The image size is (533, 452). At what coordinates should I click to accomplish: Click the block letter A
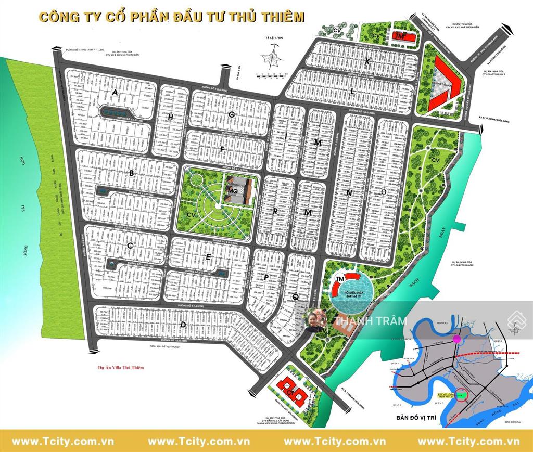click(115, 92)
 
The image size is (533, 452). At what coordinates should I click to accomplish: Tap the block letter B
click(132, 173)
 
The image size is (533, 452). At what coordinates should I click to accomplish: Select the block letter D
click(183, 325)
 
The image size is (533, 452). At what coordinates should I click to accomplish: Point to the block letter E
click(208, 257)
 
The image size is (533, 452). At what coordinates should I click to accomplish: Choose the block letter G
click(232, 114)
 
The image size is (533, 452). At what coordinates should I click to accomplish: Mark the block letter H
click(171, 118)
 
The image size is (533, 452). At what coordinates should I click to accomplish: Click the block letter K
click(367, 62)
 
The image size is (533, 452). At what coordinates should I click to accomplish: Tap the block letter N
click(349, 193)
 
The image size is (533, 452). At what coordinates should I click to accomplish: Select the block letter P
click(266, 277)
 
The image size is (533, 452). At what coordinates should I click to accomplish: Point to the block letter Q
click(295, 297)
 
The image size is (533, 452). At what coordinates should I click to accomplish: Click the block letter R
click(274, 212)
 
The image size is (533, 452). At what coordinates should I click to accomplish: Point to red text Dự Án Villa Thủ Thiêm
click(120, 367)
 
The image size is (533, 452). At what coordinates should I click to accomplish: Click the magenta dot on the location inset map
click(457, 339)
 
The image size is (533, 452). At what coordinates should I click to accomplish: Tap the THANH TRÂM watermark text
click(371, 321)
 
